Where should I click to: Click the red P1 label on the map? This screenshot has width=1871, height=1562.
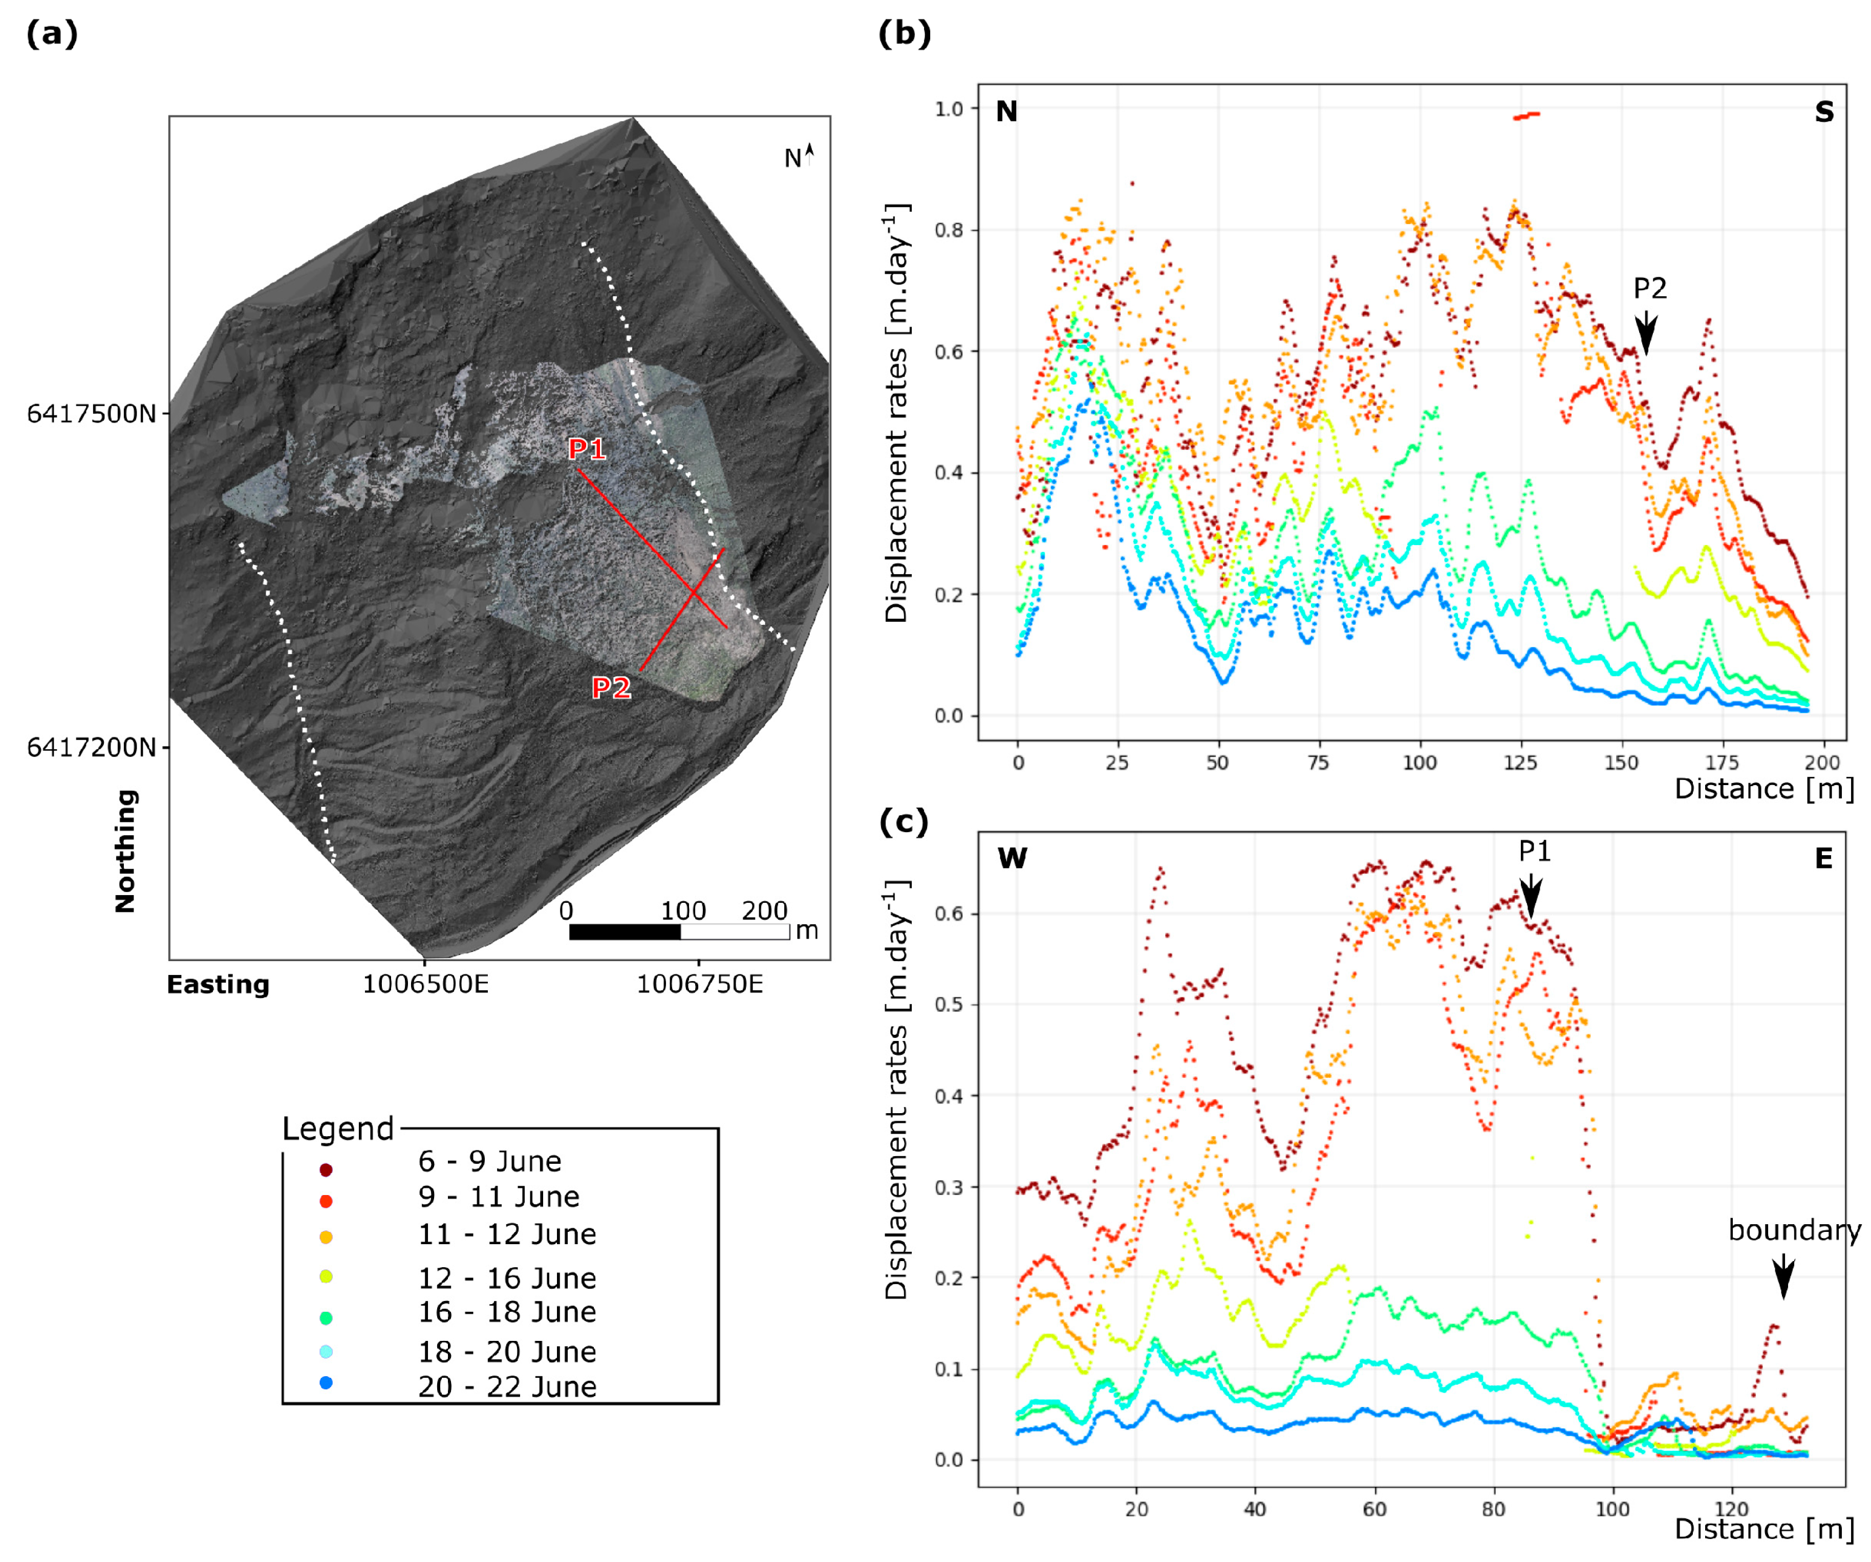pos(587,449)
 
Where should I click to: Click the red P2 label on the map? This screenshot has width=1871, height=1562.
pos(611,687)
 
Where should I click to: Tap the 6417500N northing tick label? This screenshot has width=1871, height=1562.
pos(91,414)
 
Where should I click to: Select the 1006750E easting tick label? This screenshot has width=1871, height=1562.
pos(699,984)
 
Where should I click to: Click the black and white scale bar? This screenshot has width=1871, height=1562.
pos(679,931)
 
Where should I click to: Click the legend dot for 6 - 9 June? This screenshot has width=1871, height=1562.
pos(326,1169)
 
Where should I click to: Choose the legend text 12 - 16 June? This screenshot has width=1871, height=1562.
pos(507,1278)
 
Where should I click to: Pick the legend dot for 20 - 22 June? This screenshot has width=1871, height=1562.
pos(326,1382)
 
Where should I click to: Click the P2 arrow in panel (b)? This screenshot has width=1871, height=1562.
pos(1646,334)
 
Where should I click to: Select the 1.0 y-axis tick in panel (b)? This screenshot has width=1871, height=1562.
pos(949,109)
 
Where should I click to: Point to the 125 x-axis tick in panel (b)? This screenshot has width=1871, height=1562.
pos(1520,762)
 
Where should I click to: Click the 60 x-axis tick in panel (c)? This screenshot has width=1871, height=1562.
pos(1374,1509)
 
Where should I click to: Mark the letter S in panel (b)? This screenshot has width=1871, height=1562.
pos(1824,112)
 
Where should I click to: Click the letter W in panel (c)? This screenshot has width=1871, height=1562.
pos(1012,858)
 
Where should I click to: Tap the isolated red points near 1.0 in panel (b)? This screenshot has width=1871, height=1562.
pos(1526,115)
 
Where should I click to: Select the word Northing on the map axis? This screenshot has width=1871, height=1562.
pos(125,851)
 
